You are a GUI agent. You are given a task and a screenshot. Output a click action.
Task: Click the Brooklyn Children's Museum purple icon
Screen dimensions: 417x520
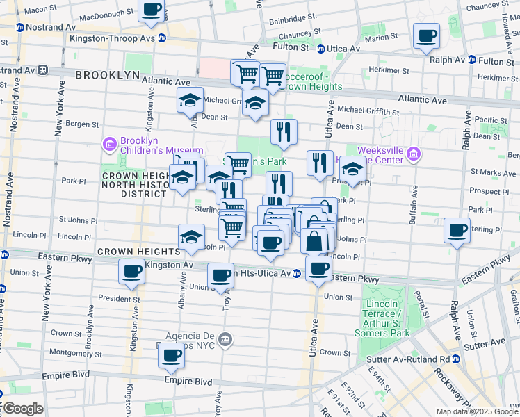[109, 145]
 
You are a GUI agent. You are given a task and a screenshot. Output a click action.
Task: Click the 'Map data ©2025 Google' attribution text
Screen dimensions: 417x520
[476, 411]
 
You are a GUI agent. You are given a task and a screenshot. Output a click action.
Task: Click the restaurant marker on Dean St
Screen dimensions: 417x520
[284, 131]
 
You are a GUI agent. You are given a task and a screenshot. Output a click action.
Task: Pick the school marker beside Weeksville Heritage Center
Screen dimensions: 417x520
[352, 170]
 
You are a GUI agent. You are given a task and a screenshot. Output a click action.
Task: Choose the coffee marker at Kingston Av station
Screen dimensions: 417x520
[131, 272]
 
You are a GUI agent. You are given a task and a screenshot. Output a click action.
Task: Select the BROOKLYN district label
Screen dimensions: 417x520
[104, 74]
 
